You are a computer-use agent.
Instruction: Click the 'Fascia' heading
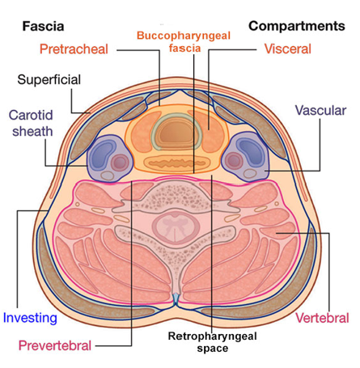pos(43,26)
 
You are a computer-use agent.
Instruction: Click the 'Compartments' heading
pos(297,26)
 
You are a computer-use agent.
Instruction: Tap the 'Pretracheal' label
pos(74,49)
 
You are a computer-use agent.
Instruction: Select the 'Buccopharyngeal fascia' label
pos(184,42)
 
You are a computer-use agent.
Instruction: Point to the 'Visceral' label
pos(288,49)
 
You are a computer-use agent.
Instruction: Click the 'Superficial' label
pos(49,79)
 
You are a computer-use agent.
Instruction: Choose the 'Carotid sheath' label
pos(31,123)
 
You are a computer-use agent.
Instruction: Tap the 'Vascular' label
pos(320,110)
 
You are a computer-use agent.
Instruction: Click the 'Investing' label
pos(30,318)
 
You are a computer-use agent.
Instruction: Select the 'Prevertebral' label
pos(55,345)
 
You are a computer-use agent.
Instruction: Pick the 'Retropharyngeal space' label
pos(213,342)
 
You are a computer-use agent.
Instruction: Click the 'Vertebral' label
pos(322,318)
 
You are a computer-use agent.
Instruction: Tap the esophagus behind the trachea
pos(177,163)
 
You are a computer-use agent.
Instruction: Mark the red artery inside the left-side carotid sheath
pos(120,163)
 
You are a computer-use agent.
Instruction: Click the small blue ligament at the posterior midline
pos(176,298)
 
